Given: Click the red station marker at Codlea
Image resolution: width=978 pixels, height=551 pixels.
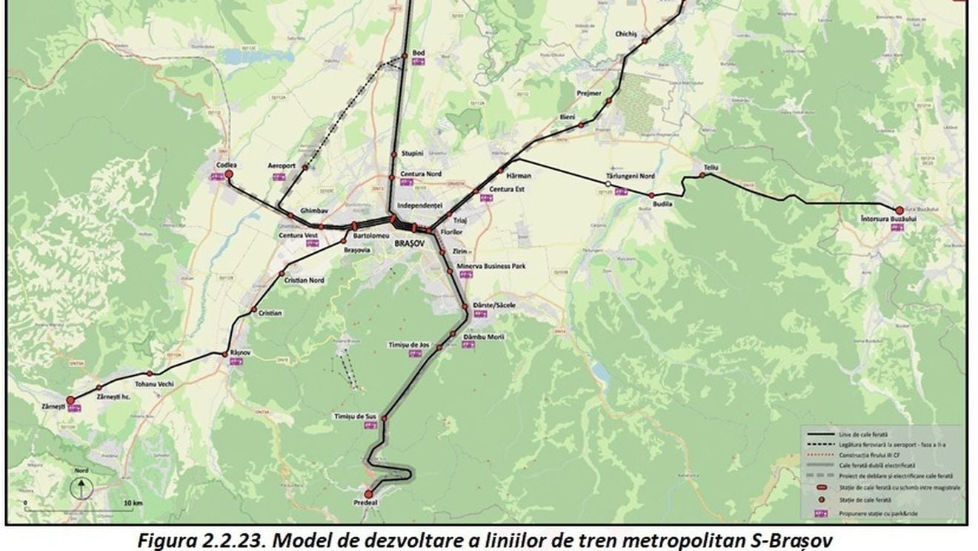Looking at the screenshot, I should coord(229,174).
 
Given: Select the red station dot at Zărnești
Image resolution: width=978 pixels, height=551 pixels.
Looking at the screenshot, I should coord(70,400).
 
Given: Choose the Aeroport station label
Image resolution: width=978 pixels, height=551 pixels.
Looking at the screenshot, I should coord(282,165).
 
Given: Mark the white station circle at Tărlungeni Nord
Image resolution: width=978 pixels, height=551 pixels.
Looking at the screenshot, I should coord(608,184).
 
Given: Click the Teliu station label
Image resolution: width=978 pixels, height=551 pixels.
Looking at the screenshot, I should coord(711,168).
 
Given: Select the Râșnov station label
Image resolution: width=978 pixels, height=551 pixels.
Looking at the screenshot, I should coord(242,352).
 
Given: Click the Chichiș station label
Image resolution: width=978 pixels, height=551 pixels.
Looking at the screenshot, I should coord(626,34).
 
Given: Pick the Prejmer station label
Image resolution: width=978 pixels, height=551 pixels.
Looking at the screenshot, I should coord(589,93).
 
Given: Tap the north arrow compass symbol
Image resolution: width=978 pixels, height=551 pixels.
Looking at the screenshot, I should coord(81,488).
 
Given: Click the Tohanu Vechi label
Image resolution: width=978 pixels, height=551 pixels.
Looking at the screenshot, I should coord(154,383).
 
